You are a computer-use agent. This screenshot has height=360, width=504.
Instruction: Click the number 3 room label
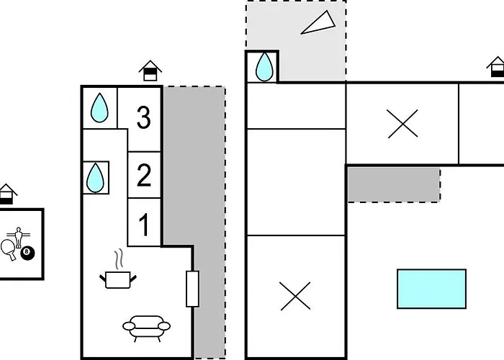[144, 117]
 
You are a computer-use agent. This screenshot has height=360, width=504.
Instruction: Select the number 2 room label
[144, 175]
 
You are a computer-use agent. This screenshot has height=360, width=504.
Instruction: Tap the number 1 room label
[144, 225]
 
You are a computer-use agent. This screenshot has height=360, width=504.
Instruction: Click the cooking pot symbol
[118, 280]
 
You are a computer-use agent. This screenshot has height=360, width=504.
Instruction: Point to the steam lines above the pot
[119, 258]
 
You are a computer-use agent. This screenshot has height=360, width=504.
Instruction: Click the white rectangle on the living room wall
[192, 289]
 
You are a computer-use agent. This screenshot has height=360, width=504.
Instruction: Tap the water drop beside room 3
[99, 108]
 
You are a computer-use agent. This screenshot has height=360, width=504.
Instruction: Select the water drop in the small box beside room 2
[95, 178]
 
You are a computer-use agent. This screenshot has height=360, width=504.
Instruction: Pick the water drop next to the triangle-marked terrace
[264, 67]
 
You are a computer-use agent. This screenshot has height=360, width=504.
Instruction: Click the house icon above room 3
[150, 71]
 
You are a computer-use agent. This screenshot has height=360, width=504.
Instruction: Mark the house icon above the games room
[7, 194]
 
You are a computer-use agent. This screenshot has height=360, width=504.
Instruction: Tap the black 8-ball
[27, 253]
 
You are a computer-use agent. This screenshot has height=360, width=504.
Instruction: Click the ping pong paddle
[9, 250]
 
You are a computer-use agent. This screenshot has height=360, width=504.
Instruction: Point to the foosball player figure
[19, 238]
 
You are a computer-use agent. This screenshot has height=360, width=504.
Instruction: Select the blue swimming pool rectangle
[432, 289]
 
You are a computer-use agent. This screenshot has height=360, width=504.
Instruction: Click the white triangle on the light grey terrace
[318, 24]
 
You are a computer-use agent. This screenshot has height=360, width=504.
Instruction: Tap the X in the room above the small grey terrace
[402, 123]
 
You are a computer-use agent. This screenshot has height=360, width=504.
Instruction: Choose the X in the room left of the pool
[295, 296]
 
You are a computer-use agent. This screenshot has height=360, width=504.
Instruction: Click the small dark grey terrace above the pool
[394, 184]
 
